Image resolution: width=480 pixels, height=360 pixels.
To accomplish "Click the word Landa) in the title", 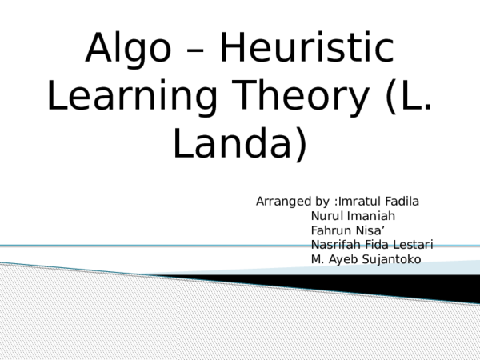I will pos(240,144).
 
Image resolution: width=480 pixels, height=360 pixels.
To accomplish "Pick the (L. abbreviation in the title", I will pos(408,98).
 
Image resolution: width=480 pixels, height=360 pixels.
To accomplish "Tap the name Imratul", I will pos(361,202).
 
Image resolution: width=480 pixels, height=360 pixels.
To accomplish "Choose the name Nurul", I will pos(326,216).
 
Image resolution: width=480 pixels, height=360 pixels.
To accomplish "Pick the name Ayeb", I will pos(346,259).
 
